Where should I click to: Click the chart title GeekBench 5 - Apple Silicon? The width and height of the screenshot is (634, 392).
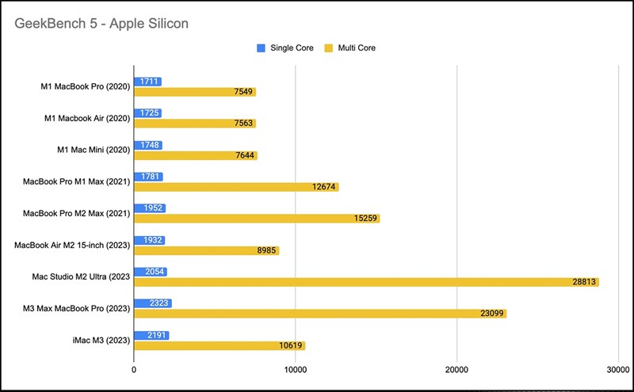tap(101, 24)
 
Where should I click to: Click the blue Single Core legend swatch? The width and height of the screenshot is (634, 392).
tap(261, 48)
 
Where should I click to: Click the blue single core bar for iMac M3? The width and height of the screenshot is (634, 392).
tap(151, 335)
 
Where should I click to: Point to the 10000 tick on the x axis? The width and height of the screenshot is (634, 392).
tap(295, 370)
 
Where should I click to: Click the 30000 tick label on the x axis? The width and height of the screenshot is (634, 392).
tap(617, 370)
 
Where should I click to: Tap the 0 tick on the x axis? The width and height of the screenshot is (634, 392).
tap(134, 370)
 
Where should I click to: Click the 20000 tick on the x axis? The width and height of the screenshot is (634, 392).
tap(456, 370)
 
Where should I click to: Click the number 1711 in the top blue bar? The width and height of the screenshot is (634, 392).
tap(149, 82)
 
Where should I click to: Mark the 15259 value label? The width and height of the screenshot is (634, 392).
tap(366, 219)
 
